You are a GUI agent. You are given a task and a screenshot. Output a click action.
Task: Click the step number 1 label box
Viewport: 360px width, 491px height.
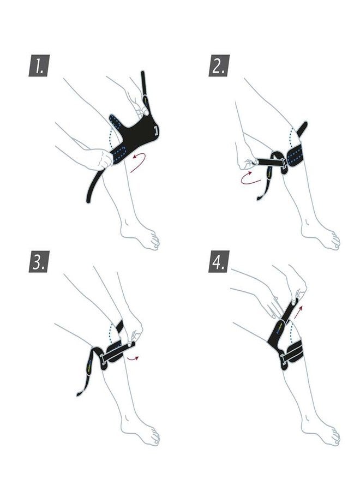[39, 65]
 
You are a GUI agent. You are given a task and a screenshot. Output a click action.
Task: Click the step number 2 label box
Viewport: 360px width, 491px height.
[219, 65]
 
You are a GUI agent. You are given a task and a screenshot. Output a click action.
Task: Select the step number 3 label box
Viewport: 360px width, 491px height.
[39, 261]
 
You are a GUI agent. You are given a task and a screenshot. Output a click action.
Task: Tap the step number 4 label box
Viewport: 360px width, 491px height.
[219, 261]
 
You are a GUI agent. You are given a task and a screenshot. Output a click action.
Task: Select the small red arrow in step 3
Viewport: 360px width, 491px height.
[133, 357]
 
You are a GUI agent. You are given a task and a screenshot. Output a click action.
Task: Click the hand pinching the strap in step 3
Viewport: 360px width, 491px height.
[133, 332]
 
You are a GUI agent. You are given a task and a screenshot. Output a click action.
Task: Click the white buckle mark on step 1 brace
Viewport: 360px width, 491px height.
[156, 130]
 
